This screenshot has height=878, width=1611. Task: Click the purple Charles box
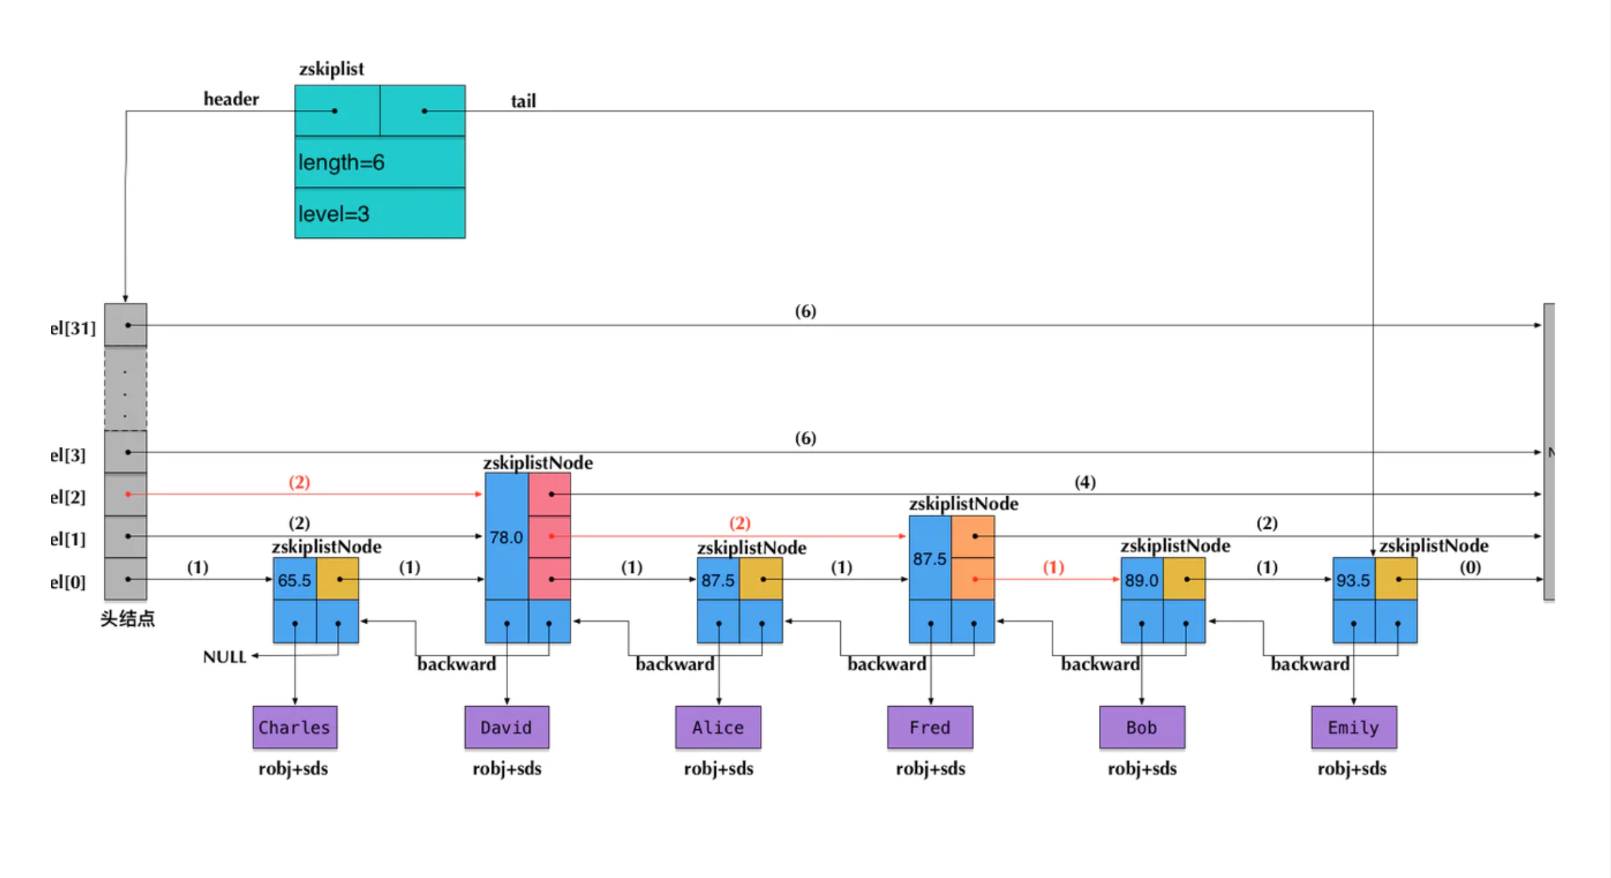point(295,727)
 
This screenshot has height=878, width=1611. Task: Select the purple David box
point(507,727)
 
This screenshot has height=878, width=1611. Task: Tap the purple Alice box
point(718,727)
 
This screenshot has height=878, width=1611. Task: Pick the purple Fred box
point(930,727)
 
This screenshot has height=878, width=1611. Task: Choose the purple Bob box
point(1142,727)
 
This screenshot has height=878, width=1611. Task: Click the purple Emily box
point(1354,727)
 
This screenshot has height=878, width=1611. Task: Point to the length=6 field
point(379,162)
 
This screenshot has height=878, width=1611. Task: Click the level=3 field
point(379,213)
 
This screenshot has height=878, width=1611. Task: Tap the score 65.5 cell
point(295,580)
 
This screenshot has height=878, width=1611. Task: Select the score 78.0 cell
point(507,537)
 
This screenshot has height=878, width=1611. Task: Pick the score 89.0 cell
point(1142,580)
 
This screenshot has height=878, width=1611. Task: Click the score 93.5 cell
point(1354,580)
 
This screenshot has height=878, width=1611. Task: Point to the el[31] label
point(73,328)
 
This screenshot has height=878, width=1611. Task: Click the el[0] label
point(68,582)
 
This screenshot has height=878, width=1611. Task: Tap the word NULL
point(224,657)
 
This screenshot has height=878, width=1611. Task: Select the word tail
point(523,101)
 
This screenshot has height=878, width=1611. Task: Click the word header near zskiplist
point(231,99)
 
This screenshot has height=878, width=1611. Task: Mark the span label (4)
point(1085,482)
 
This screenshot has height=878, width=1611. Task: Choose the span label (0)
point(1470,567)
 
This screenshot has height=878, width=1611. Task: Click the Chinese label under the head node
point(128,618)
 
